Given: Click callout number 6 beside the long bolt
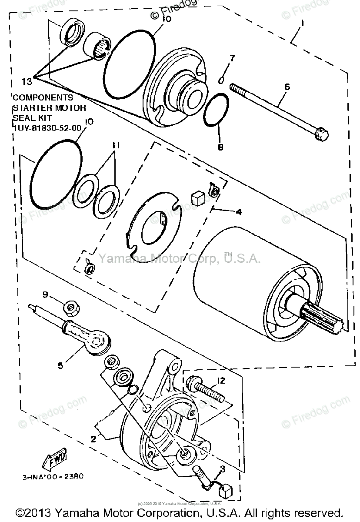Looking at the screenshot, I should coord(287,87).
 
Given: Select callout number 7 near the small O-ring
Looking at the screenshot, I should coord(232,58).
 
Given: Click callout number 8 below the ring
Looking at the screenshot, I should coord(220,147).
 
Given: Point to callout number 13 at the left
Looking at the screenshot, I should coord(27,81).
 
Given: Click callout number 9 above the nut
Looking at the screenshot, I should coord(46,294).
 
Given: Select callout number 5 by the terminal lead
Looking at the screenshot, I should coord(60,365).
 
